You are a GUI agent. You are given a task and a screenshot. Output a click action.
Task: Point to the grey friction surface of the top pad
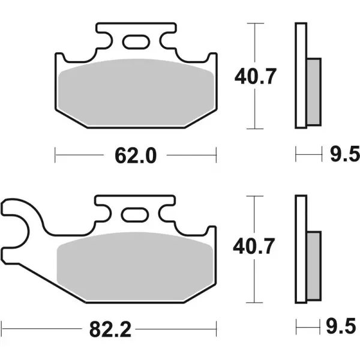pos(136,95)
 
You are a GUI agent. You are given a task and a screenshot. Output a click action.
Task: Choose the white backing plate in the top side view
pos(301,75)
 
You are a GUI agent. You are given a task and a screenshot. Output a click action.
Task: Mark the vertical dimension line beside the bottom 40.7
pos(256,282)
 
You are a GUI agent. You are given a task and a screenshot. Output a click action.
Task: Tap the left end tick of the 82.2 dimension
pos(2,329)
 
